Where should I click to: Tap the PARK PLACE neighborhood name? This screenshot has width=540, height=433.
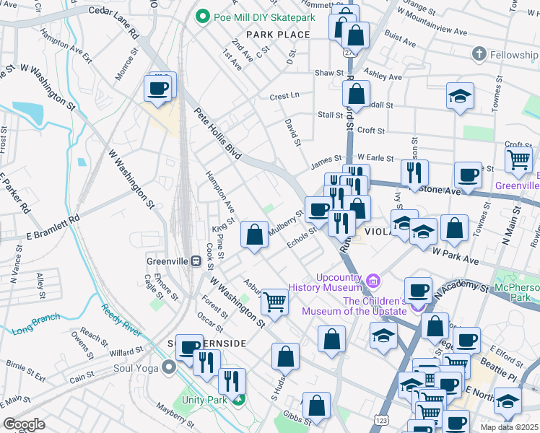point(278,35)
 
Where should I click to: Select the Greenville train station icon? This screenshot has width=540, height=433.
point(195,261)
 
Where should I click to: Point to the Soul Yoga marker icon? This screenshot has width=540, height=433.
point(169,367)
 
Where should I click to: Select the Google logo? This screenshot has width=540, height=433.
point(24,424)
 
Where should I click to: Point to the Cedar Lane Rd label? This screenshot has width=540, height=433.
point(113,21)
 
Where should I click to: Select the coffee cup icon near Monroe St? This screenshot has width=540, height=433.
point(157,89)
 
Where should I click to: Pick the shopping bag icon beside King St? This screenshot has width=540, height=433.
point(253,234)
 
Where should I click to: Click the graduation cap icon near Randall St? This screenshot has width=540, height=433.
point(459,96)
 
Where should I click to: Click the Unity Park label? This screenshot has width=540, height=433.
point(206,399)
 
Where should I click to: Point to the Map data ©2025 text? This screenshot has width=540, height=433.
point(509,427)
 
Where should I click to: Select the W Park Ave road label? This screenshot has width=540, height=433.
point(456,253)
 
